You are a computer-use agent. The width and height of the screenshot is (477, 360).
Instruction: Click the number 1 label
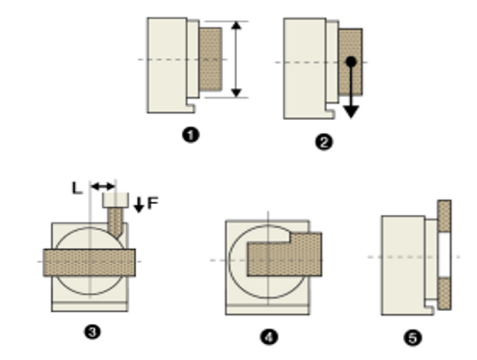[x=191, y=135]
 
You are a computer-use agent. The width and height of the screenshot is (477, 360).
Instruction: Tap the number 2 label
[x=324, y=142]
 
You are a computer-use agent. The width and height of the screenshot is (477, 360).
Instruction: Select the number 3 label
[x=92, y=332]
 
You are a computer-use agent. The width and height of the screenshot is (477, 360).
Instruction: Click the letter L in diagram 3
[x=78, y=186]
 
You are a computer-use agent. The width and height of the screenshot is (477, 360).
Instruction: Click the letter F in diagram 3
[x=153, y=203]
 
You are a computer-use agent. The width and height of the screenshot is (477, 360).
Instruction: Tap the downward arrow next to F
[x=138, y=204]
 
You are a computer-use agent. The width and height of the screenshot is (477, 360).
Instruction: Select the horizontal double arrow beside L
[x=102, y=186]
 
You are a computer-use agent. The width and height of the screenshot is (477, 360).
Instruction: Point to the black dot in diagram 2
[x=349, y=61]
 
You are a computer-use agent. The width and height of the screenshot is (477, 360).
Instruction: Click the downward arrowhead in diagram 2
[x=350, y=111]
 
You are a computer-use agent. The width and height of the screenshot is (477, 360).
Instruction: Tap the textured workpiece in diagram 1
[x=210, y=60]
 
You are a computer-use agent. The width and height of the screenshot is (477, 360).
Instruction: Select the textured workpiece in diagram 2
[x=350, y=80]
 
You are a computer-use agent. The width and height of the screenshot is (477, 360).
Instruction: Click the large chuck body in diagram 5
[x=403, y=264]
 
